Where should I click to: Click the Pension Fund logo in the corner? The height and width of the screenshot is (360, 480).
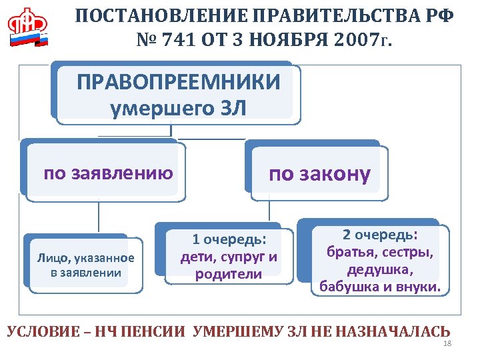(x=29, y=27)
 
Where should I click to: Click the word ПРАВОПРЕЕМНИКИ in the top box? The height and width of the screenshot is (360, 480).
(x=178, y=83)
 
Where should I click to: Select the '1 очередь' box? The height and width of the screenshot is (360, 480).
(x=229, y=256)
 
